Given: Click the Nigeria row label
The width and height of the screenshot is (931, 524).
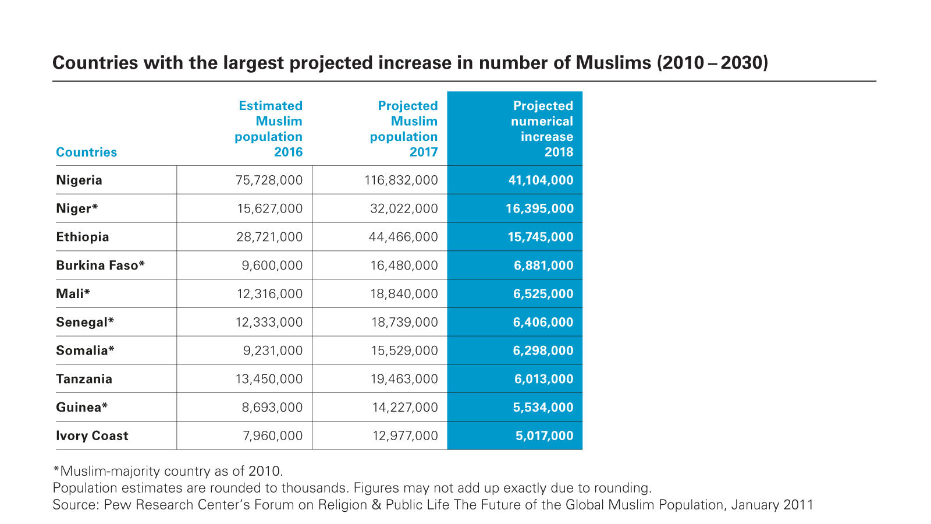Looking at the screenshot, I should pyautogui.click(x=79, y=180).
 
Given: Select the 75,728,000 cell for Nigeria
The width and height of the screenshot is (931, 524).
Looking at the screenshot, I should pyautogui.click(x=269, y=180).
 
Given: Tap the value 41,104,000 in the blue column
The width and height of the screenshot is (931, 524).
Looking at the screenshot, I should pyautogui.click(x=541, y=180).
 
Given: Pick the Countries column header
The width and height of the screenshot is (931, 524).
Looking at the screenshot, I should pyautogui.click(x=86, y=152).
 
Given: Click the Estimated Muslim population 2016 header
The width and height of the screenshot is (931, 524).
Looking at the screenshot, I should pyautogui.click(x=269, y=129).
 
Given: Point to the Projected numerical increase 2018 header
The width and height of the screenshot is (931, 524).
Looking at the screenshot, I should pyautogui.click(x=542, y=129).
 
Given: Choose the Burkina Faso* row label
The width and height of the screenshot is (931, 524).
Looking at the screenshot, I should pyautogui.click(x=100, y=265).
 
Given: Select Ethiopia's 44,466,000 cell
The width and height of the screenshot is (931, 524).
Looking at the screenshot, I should pyautogui.click(x=403, y=237).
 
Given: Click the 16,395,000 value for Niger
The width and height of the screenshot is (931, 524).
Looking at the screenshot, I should pyautogui.click(x=539, y=208).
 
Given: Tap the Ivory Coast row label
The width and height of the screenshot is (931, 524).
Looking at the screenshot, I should pyautogui.click(x=92, y=436).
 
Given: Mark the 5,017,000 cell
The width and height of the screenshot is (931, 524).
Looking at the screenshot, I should pyautogui.click(x=544, y=436).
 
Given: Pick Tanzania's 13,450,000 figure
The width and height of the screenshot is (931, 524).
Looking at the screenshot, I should pyautogui.click(x=269, y=379).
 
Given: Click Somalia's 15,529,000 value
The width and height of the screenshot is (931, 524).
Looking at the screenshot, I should pyautogui.click(x=404, y=350).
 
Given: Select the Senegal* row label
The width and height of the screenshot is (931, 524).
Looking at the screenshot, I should pyautogui.click(x=85, y=322).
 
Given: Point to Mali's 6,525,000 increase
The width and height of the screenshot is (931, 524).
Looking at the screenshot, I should pyautogui.click(x=543, y=294).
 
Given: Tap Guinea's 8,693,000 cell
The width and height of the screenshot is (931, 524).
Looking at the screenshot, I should pyautogui.click(x=272, y=408).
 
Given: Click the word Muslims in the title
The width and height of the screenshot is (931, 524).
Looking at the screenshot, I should pyautogui.click(x=613, y=62).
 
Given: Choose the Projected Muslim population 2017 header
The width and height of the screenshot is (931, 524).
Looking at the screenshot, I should pyautogui.click(x=404, y=129).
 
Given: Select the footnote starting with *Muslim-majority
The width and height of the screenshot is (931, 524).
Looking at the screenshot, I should pyautogui.click(x=168, y=471).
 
